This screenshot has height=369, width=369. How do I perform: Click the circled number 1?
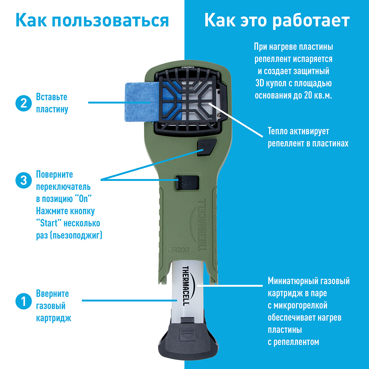point(24,301)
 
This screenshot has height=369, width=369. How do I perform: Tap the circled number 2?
point(24,103)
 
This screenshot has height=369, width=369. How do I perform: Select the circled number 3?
point(24,181)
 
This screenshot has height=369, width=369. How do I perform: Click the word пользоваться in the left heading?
point(110,20)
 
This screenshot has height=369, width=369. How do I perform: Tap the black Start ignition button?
point(206,147)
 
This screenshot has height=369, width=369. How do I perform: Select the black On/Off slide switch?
point(187,182)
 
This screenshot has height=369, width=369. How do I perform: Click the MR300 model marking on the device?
point(179,250)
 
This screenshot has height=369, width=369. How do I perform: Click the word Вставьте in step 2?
point(52,97)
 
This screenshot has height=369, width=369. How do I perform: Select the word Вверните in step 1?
point(52,294)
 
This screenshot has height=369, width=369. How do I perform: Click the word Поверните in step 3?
point(54,175)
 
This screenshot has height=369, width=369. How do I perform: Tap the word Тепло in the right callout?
point(277,131)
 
